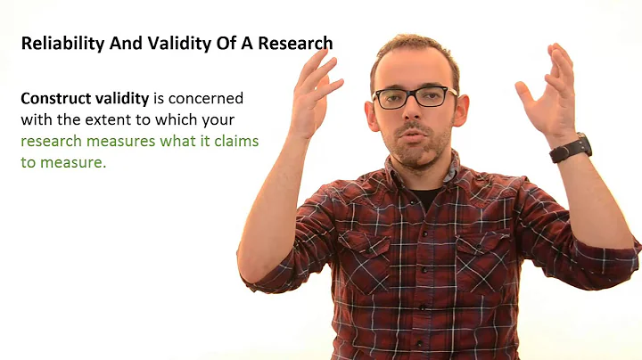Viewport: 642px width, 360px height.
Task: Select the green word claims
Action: [235, 141]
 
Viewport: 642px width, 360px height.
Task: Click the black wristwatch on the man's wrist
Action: [570, 147]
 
